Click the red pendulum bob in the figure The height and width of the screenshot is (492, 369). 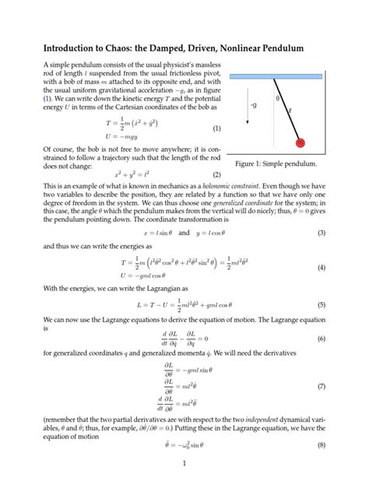tap(300, 142)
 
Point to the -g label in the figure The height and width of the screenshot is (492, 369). tap(253, 104)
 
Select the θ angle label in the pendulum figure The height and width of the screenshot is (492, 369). tap(277, 99)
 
